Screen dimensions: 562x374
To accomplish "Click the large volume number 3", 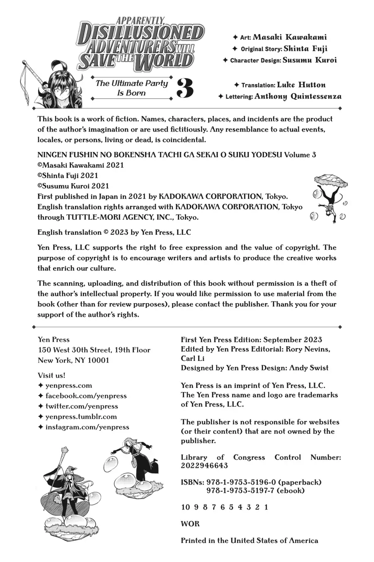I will tap(185, 88).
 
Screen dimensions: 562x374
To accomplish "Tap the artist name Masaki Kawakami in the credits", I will tap(293, 37).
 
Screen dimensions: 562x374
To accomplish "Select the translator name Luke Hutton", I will tap(301, 85).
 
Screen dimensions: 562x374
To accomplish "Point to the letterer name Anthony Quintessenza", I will tap(298, 97).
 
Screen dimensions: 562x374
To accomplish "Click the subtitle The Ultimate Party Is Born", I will tap(132, 88).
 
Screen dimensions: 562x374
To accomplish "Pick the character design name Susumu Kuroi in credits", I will tap(310, 60).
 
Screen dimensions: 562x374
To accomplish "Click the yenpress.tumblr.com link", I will tap(81, 416).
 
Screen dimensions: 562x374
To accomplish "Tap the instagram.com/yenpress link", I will tap(87, 427).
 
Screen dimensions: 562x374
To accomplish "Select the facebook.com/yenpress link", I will tap(86, 395).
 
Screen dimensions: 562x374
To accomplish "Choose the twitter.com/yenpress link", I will tap(82, 406).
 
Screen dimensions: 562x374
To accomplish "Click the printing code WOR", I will tap(190, 524).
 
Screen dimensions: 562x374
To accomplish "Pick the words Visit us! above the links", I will tap(52, 375).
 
